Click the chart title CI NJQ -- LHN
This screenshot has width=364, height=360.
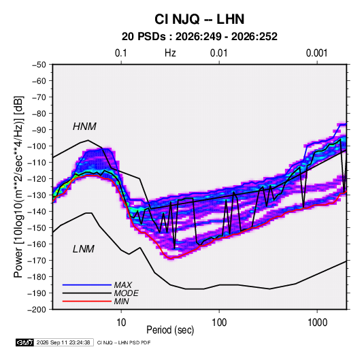pyautogui.click(x=199, y=19)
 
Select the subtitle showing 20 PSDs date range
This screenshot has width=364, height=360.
pyautogui.click(x=199, y=37)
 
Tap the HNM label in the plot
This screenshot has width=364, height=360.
pyautogui.click(x=84, y=127)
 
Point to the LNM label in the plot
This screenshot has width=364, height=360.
pyautogui.click(x=84, y=249)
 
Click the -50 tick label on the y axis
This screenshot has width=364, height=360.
pyautogui.click(x=39, y=65)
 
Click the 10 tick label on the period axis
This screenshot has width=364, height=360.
pyautogui.click(x=121, y=323)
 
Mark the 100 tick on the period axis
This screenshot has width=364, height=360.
pyautogui.click(x=219, y=323)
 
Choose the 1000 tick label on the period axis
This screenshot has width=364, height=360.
pyautogui.click(x=317, y=323)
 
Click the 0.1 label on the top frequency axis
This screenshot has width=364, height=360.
pyautogui.click(x=121, y=53)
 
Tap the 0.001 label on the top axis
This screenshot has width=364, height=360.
pyautogui.click(x=316, y=53)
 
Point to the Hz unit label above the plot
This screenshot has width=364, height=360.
pyautogui.click(x=170, y=53)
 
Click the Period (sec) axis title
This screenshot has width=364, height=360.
pyautogui.click(x=170, y=330)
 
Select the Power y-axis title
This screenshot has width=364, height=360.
pyautogui.click(x=18, y=187)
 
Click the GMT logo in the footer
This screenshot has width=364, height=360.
pyautogui.click(x=24, y=342)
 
